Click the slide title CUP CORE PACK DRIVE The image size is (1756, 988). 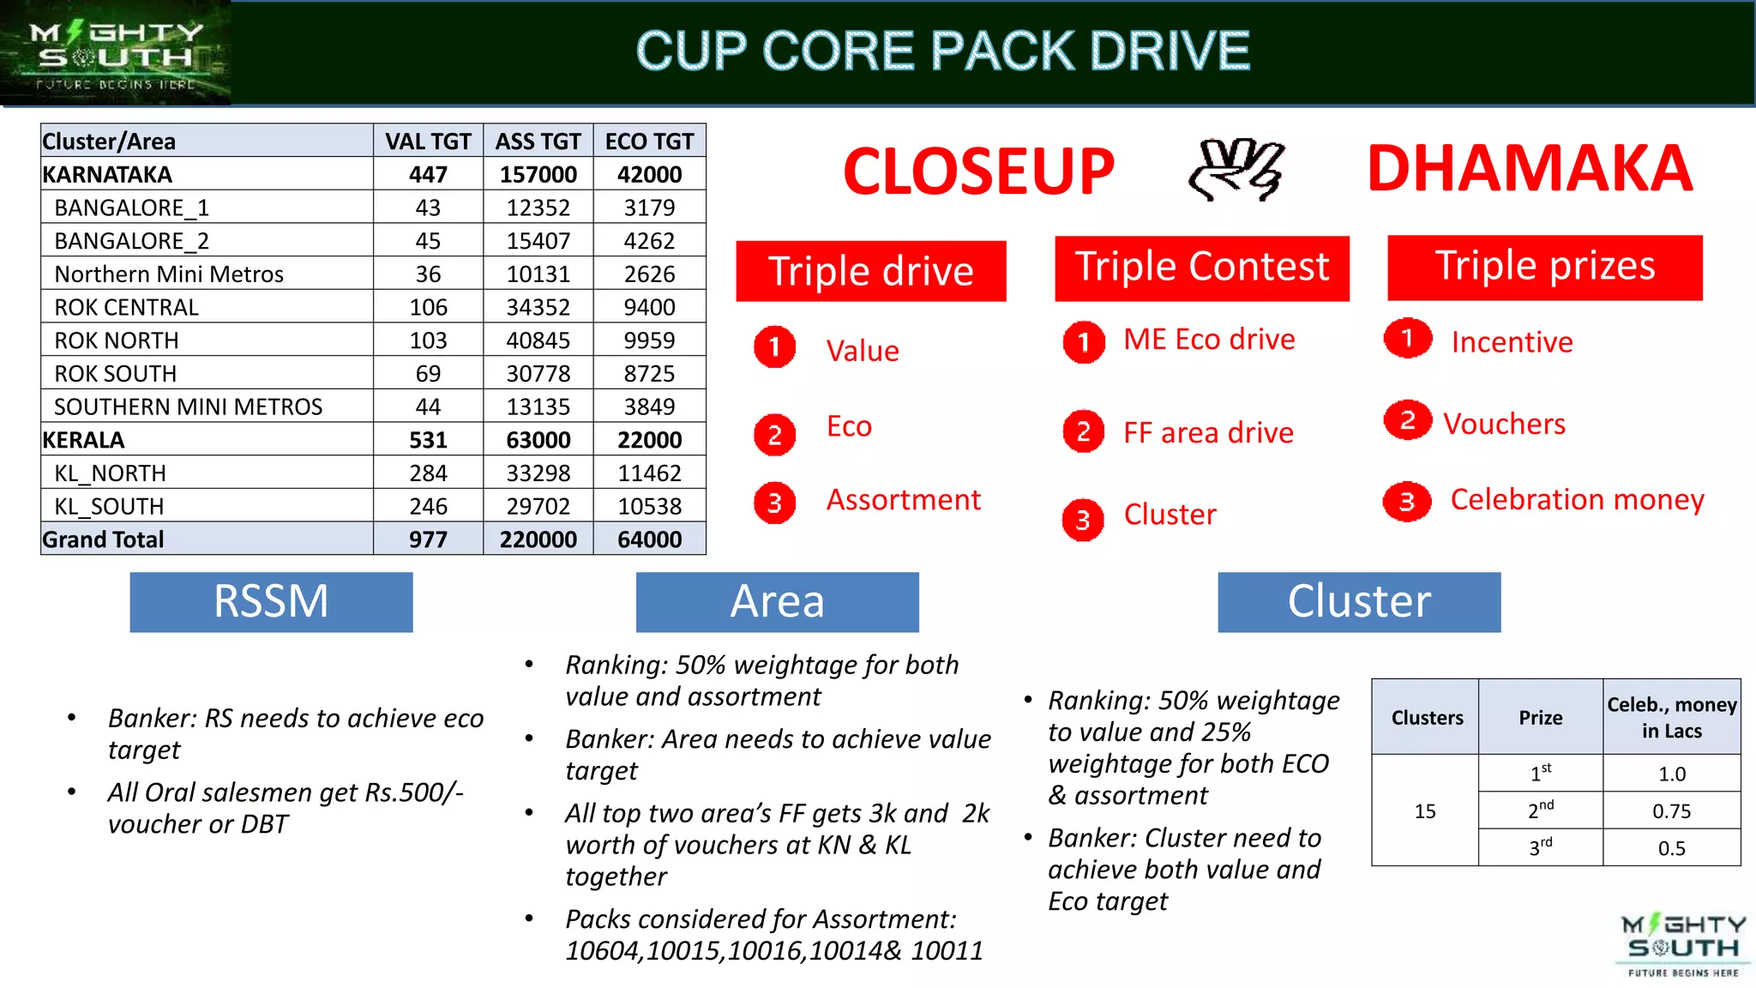tap(942, 51)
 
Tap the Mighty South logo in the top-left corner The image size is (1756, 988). tap(115, 53)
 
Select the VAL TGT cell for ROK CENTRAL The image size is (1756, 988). tap(428, 307)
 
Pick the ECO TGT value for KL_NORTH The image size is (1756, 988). tap(649, 473)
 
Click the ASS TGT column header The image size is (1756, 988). tap(538, 141)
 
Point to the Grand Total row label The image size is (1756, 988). tap(103, 539)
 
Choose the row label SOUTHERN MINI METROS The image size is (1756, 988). tap(188, 407)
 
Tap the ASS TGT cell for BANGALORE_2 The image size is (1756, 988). tap(538, 241)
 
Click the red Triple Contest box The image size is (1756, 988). tap(1201, 268)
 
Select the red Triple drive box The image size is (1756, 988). tap(870, 271)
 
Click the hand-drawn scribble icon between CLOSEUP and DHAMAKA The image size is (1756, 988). tap(1236, 169)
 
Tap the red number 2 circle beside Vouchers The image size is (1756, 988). tap(1407, 420)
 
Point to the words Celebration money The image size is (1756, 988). tap(1577, 499)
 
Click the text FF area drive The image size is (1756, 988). tap(1208, 433)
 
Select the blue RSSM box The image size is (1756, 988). tap(271, 601)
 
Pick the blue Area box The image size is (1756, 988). tap(777, 601)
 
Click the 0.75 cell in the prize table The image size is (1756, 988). tap(1671, 810)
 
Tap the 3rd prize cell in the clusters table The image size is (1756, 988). tap(1540, 847)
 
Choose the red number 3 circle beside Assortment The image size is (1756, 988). tap(774, 503)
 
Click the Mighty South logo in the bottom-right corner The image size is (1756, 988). tap(1682, 946)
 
